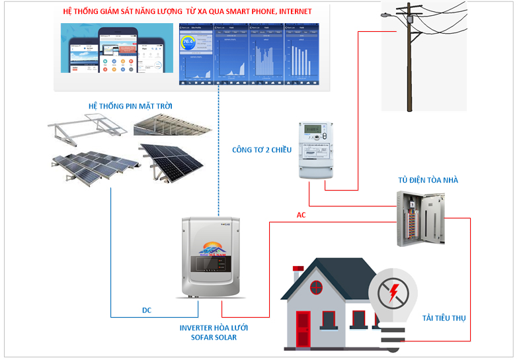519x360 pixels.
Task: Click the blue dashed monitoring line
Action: click(x=218, y=152)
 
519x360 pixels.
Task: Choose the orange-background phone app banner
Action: click(x=118, y=47)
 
